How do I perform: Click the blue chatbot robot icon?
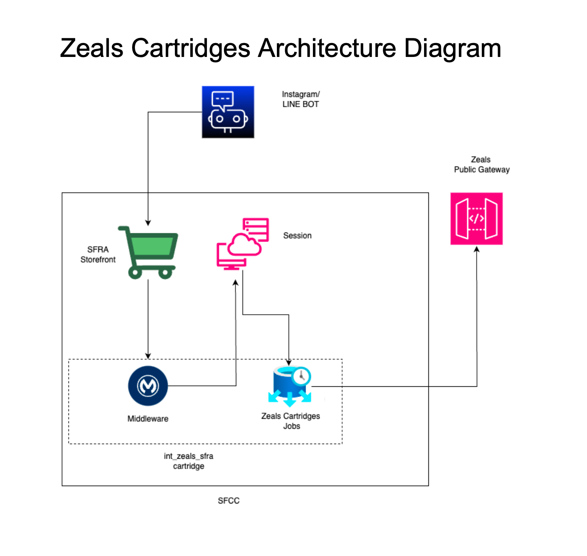[228, 112]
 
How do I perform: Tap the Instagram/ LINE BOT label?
[301, 99]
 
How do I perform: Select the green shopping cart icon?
[148, 252]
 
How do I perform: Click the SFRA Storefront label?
[98, 254]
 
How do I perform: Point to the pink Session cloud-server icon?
[242, 244]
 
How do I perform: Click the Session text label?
[297, 236]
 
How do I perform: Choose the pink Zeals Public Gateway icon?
[476, 219]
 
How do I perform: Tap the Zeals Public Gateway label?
[481, 165]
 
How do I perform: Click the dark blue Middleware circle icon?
[148, 386]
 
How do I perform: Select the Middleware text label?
[148, 419]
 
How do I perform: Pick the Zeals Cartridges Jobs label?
[291, 421]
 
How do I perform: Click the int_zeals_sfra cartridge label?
[189, 461]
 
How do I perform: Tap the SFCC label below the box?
[229, 501]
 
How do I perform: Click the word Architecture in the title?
[327, 48]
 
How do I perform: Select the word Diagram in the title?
[452, 48]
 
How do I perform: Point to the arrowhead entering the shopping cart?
[148, 223]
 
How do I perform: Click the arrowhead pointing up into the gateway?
[477, 249]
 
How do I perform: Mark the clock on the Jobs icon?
[302, 376]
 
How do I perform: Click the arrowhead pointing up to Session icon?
[235, 282]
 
